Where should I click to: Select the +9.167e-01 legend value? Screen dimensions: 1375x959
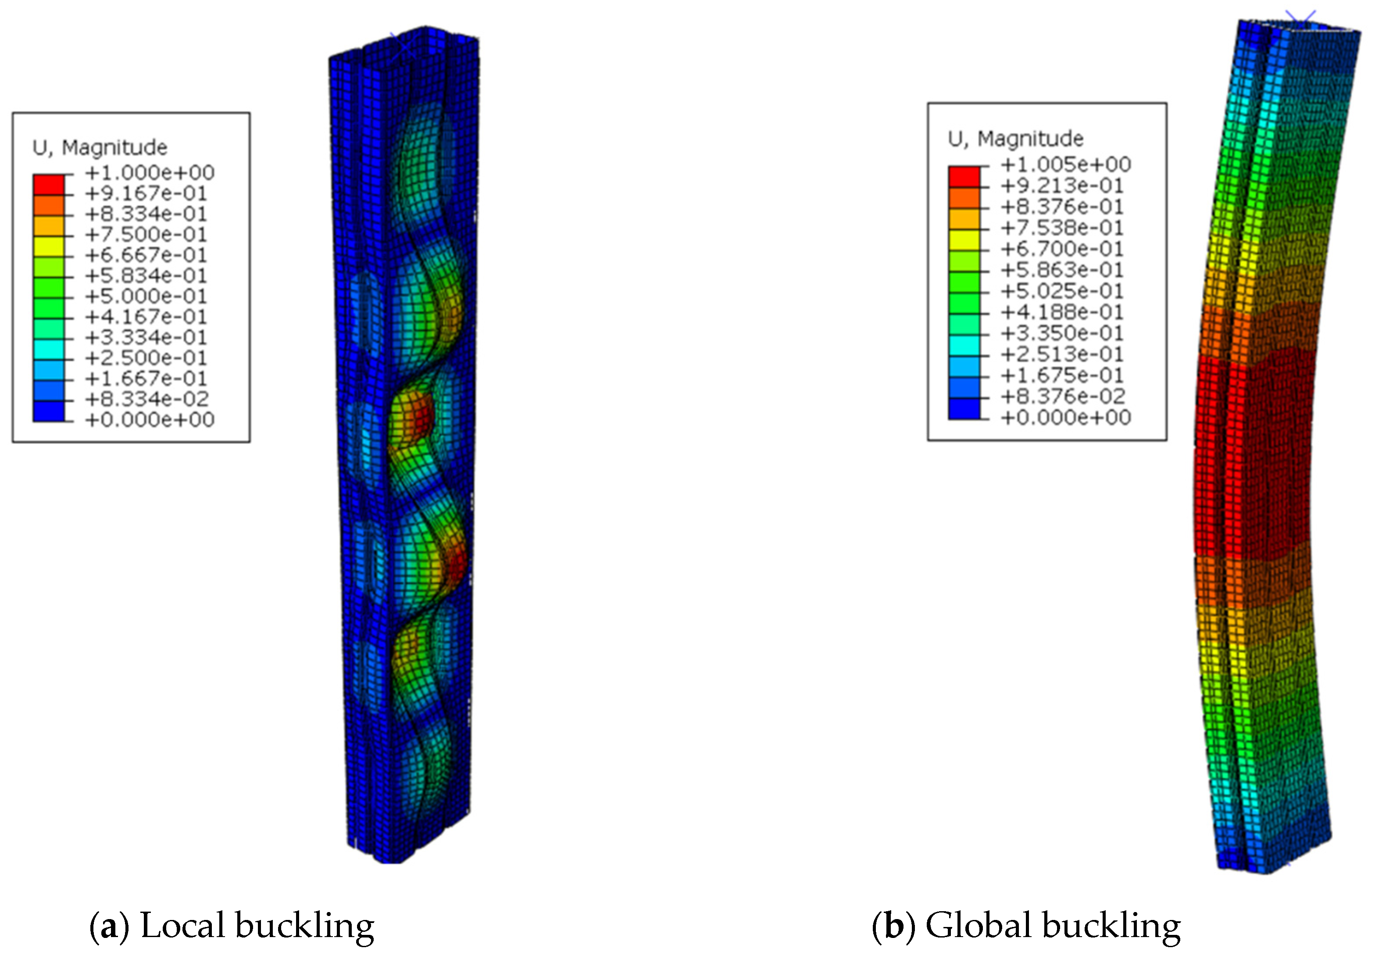click(x=146, y=193)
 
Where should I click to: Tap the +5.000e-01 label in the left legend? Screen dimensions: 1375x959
click(x=146, y=297)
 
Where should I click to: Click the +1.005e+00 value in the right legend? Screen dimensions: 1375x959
click(x=1066, y=164)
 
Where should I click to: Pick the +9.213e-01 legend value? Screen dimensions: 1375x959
click(x=1062, y=186)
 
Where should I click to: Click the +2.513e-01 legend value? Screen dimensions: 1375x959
click(x=1062, y=354)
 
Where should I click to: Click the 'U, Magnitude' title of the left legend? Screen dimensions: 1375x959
click(x=100, y=147)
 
